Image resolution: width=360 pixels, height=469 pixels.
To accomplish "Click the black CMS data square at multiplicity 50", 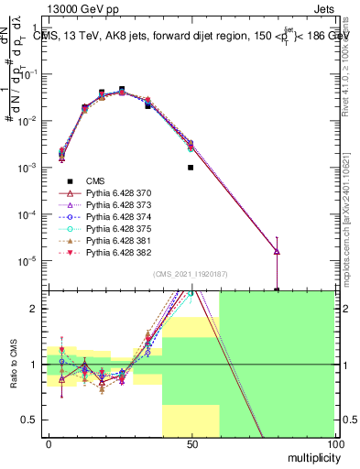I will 191,168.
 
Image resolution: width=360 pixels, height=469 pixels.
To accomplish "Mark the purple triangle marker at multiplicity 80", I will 277,252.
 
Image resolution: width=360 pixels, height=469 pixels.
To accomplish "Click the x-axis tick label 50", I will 191,444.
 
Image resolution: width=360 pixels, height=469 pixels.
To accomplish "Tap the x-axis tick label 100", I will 333,444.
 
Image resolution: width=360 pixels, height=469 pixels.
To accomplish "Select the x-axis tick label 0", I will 49,444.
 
